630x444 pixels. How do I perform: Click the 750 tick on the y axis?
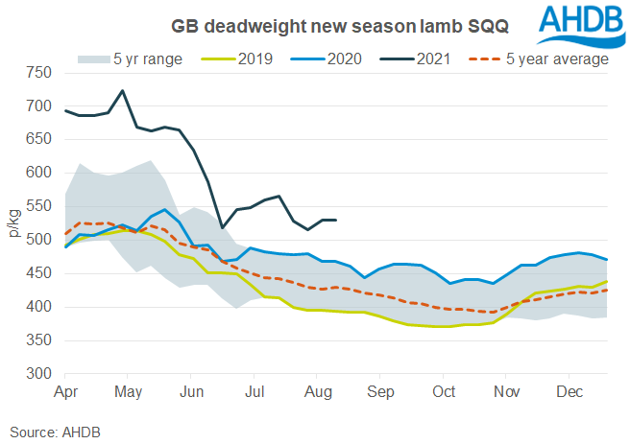click(38, 72)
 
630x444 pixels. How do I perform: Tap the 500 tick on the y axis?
click(38, 240)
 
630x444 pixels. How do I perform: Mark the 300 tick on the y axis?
click(38, 374)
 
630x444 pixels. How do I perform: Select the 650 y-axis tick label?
click(38, 139)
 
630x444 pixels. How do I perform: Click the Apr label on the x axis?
click(66, 392)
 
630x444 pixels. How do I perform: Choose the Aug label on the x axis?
click(318, 392)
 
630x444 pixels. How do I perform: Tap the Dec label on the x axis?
click(570, 392)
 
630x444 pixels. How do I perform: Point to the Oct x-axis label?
click(444, 392)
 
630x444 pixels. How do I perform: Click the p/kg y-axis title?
click(13, 222)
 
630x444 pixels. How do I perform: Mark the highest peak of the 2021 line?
click(122, 91)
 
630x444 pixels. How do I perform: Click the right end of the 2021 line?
click(335, 221)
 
